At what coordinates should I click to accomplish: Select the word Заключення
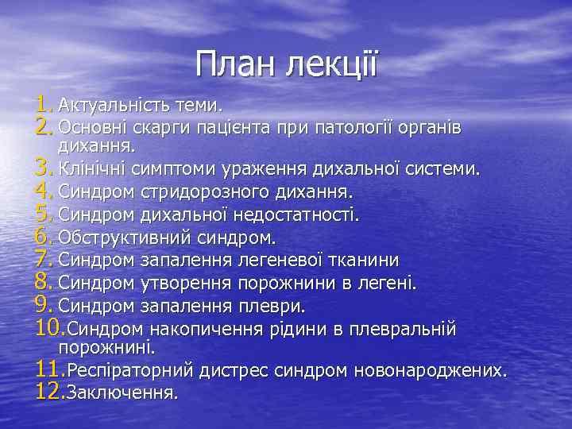coord(122,392)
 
